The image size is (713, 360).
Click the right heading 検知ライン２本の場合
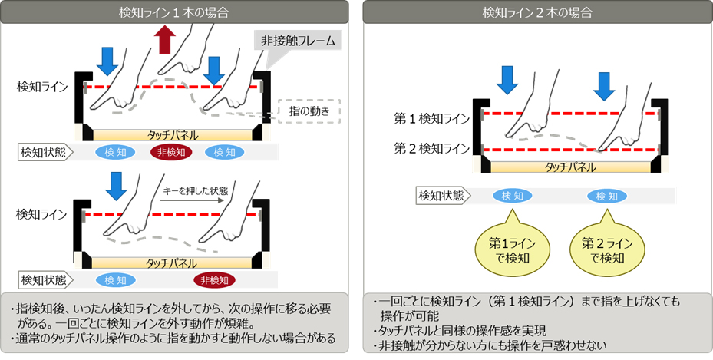[536, 12]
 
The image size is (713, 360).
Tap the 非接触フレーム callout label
[298, 41]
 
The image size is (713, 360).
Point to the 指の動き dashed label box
[305, 112]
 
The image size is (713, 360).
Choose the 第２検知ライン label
[431, 147]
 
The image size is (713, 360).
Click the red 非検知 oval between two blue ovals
[171, 152]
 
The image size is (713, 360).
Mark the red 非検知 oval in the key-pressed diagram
[214, 280]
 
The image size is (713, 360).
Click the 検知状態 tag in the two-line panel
[441, 196]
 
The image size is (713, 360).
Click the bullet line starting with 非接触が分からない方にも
[499, 345]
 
